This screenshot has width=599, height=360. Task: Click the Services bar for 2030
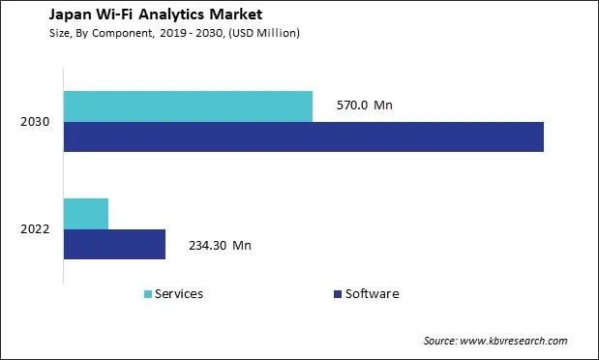coord(188,106)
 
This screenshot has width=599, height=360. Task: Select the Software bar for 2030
coord(303,137)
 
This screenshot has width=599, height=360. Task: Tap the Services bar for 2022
coord(86,213)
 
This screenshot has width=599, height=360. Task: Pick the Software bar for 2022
coord(114,244)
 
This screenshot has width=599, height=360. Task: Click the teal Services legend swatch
coord(147,294)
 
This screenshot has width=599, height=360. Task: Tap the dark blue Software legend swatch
coord(337,294)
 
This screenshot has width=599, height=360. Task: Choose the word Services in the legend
coord(179,294)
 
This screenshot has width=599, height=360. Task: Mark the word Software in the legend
coord(372,294)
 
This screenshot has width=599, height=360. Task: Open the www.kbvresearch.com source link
coord(513,341)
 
